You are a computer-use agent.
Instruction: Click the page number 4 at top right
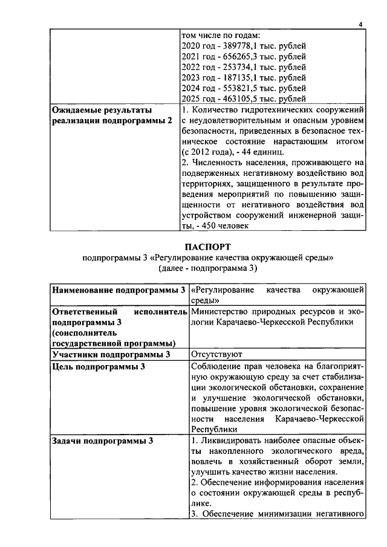click(x=360, y=24)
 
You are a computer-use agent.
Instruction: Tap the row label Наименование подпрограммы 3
click(x=119, y=290)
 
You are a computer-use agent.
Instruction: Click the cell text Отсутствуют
click(x=216, y=354)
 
